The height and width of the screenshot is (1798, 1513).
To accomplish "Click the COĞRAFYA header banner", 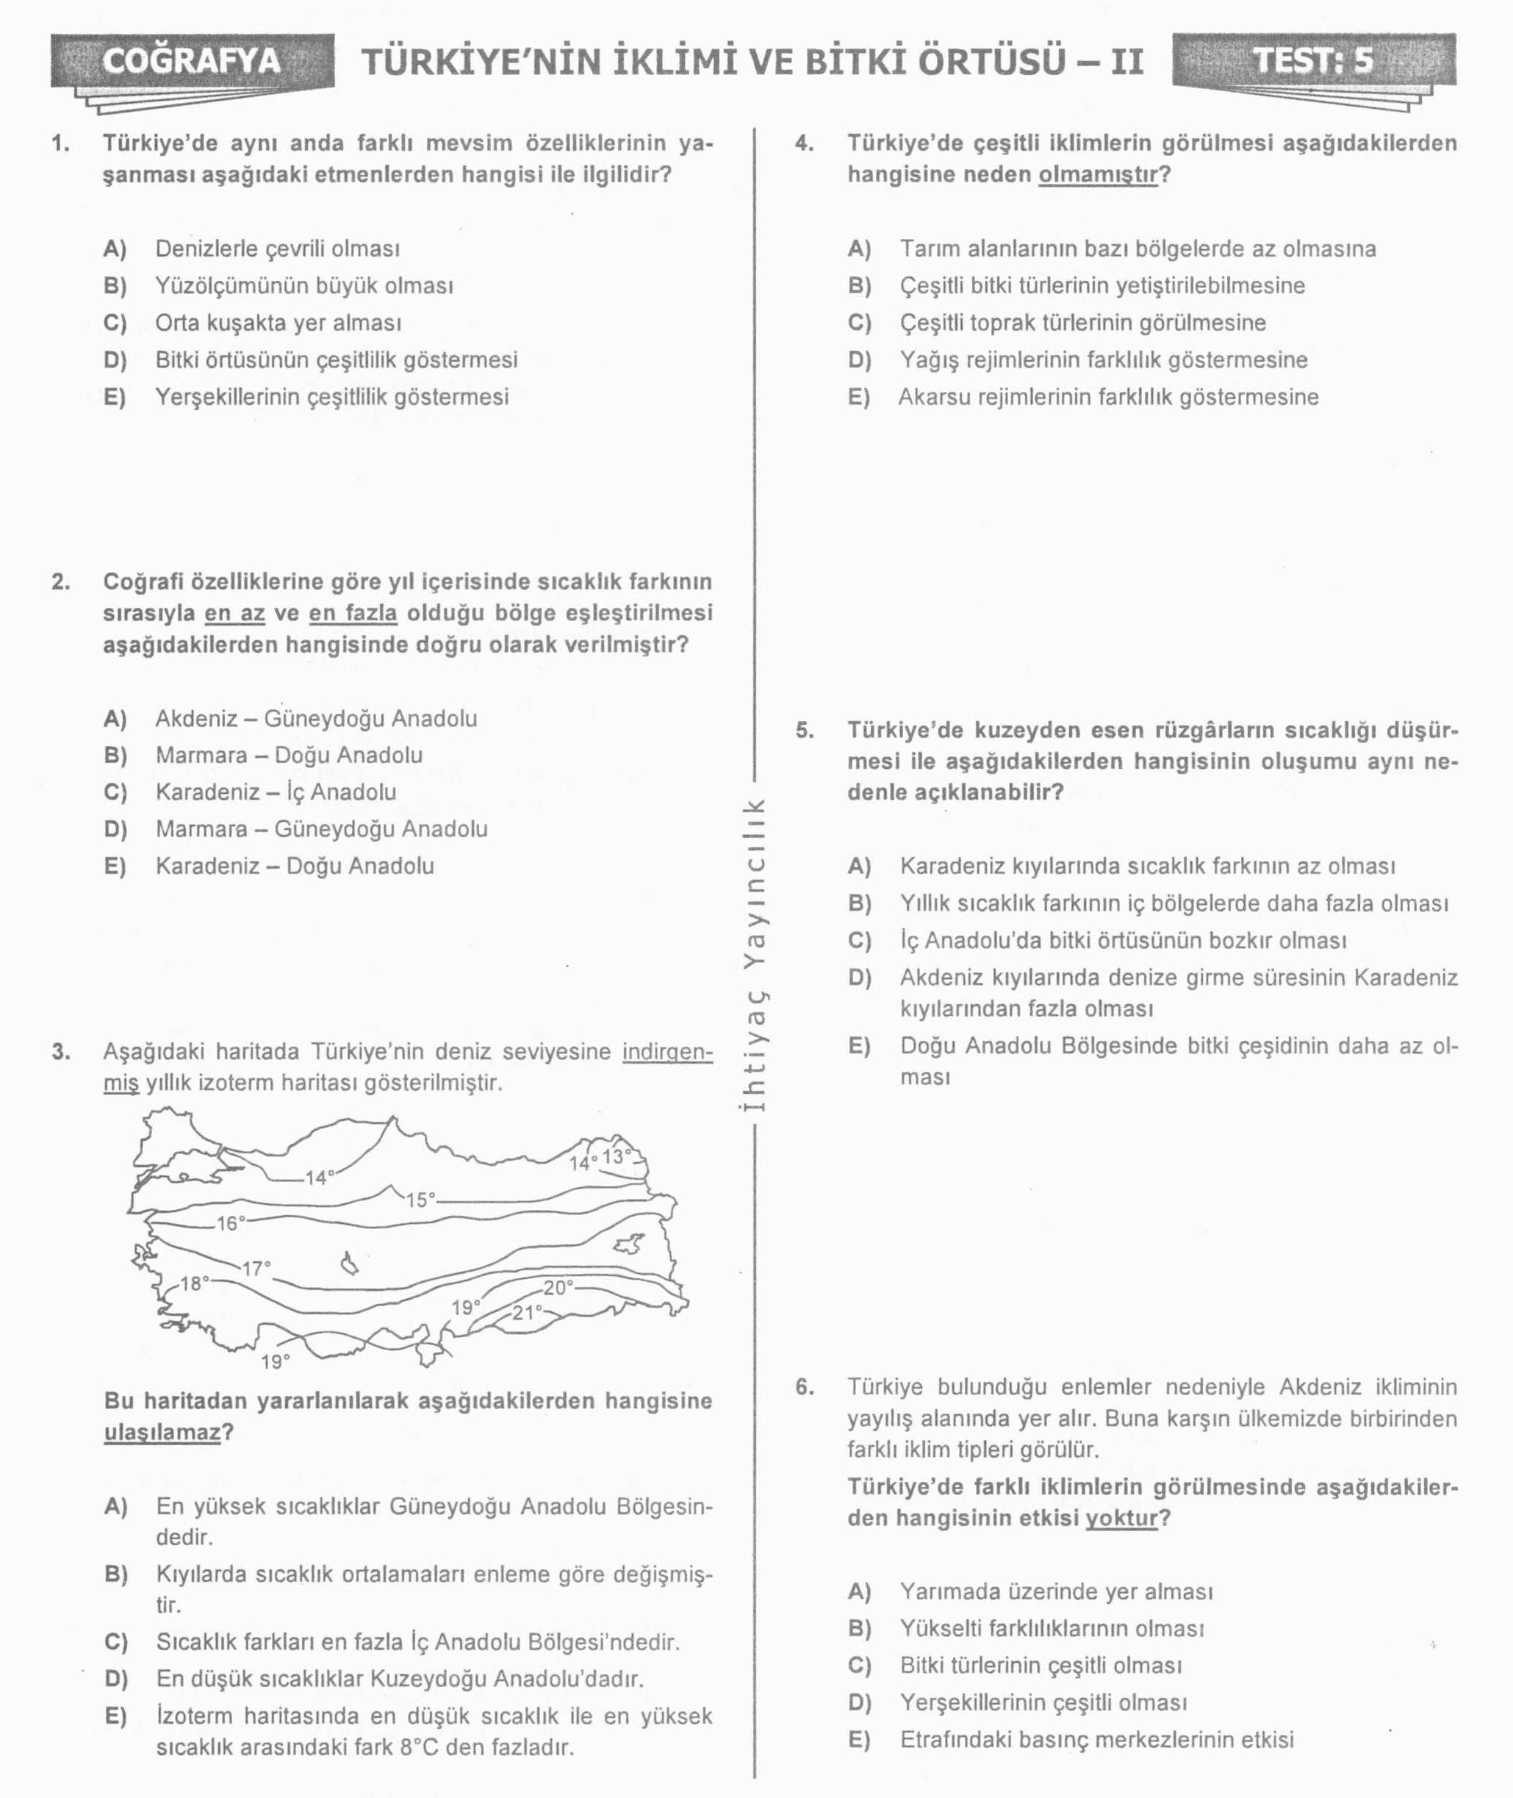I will (191, 61).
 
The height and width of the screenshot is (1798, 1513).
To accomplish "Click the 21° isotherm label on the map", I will (527, 1311).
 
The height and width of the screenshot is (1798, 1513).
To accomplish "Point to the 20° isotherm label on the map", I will (558, 1286).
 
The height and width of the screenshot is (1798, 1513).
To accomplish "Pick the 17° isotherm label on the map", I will (256, 1268).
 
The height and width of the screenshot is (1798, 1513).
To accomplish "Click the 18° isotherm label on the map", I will (195, 1283).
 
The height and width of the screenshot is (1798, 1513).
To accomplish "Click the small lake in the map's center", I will (349, 1264).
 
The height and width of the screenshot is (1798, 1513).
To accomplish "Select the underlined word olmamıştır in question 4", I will (1098, 174).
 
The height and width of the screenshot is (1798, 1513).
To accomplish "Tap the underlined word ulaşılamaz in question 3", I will (163, 1432).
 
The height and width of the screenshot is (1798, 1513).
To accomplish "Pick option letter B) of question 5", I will (860, 903).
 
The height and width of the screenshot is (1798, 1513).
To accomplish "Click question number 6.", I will (804, 1387).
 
